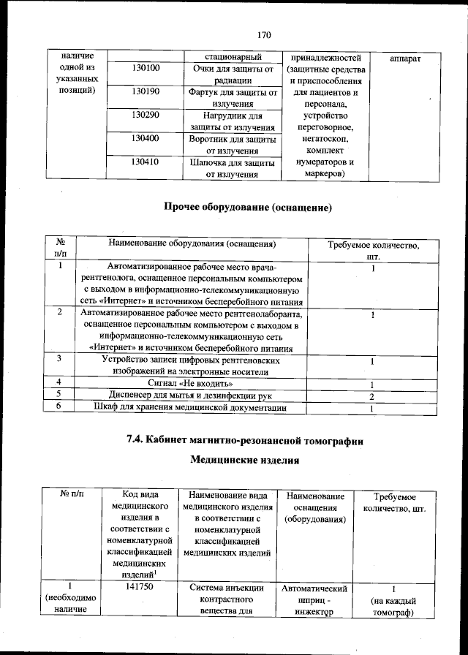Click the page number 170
tap(264, 34)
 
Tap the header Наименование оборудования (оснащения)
tap(192, 243)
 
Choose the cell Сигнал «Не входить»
tap(192, 383)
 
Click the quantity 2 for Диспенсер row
tap(372, 395)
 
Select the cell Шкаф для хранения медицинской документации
tap(192, 408)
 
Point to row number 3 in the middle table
tap(60, 359)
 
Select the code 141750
tap(138, 586)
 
